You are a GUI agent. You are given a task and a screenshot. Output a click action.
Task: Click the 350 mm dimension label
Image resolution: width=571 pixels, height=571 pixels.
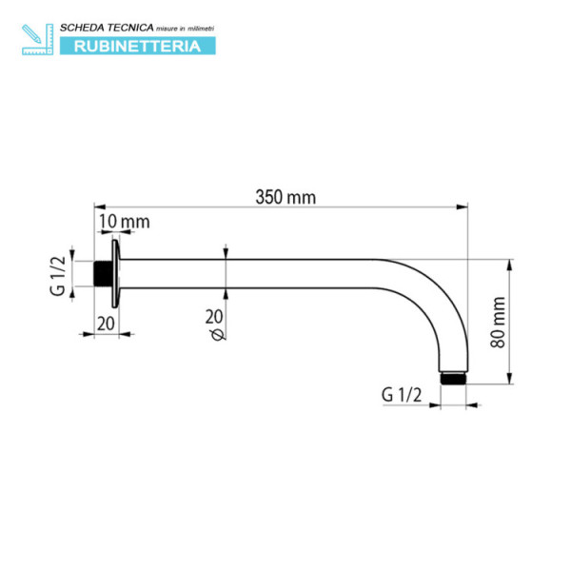point(285,197)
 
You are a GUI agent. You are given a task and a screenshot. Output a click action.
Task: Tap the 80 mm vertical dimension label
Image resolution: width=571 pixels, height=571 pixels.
point(498,322)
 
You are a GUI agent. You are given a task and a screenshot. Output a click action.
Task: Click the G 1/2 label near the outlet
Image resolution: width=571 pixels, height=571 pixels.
point(401,393)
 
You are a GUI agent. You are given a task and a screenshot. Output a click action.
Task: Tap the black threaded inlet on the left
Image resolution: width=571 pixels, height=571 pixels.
point(101,275)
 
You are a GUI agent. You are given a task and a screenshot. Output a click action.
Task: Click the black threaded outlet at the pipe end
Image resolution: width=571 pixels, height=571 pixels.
point(456,378)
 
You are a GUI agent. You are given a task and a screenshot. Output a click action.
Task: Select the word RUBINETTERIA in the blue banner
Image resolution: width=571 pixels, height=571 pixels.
point(137,46)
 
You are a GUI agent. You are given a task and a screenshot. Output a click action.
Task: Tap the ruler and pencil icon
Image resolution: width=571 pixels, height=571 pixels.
point(37,38)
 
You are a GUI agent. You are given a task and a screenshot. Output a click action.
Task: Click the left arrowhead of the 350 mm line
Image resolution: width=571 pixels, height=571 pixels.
point(99,205)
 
